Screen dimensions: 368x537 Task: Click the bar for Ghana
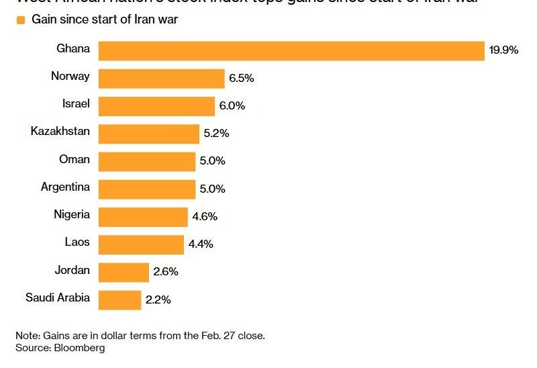[x=291, y=51]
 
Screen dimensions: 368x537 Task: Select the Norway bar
[x=161, y=79]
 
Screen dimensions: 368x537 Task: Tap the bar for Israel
[x=156, y=106]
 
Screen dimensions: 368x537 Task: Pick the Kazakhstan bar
[x=149, y=134]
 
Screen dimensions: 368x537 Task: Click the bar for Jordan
[x=124, y=272]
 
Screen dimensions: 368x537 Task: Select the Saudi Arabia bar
[x=120, y=300]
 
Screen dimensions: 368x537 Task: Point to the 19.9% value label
[x=503, y=50]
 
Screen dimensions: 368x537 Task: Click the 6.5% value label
[x=241, y=79]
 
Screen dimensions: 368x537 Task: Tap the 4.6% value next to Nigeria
[x=205, y=217]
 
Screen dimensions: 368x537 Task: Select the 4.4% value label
[x=201, y=244]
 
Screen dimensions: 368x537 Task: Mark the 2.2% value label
[x=158, y=300]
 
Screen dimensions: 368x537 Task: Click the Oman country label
[x=74, y=159]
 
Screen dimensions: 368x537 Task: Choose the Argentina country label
[x=65, y=187]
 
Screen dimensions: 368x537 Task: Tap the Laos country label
[x=77, y=242]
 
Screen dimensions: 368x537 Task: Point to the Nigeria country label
[x=71, y=214]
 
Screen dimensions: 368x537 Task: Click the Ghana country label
[x=73, y=48]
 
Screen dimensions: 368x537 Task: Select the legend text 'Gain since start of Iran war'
[x=105, y=19]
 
